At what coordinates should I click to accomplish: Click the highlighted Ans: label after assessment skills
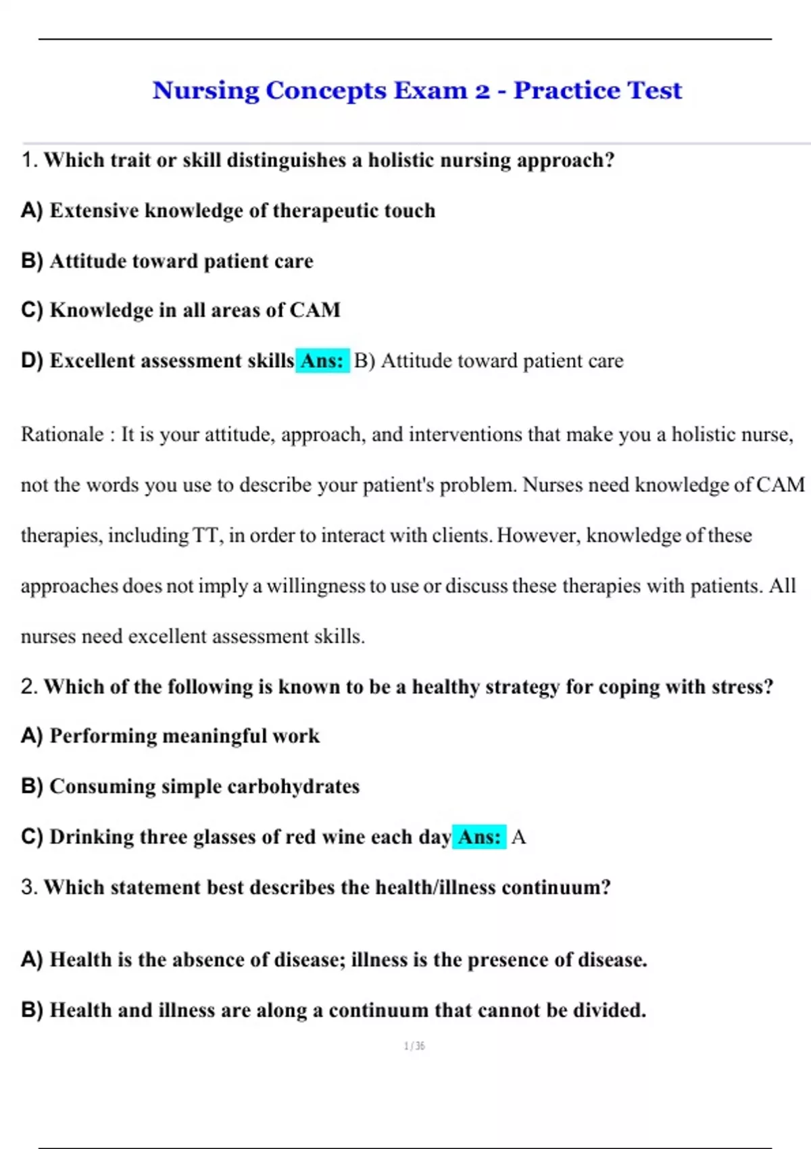click(322, 361)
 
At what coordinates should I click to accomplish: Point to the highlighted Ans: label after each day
click(479, 837)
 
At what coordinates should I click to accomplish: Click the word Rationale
click(62, 434)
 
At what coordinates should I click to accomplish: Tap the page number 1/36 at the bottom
click(414, 1046)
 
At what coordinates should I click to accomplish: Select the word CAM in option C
click(315, 310)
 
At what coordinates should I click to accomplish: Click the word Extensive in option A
click(94, 211)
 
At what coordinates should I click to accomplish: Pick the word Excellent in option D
click(92, 361)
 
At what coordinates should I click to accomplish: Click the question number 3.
click(28, 887)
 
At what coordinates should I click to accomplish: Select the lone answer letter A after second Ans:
click(518, 837)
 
